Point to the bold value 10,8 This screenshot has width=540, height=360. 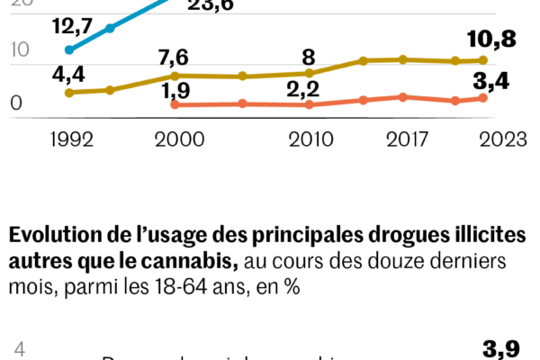[x=491, y=40]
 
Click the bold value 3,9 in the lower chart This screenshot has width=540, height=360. [x=501, y=348]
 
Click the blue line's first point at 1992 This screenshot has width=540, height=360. [x=69, y=50]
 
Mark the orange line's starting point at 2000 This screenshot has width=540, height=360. [x=175, y=105]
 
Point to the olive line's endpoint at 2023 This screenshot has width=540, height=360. [x=483, y=60]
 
